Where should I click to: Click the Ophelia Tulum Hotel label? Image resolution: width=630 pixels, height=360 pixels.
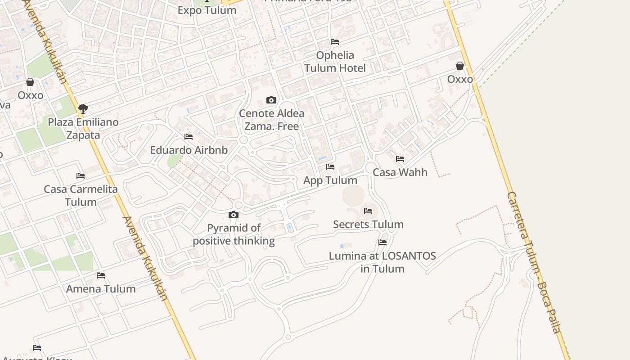point(335,62)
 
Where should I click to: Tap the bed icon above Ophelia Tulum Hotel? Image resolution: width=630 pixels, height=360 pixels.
point(335,42)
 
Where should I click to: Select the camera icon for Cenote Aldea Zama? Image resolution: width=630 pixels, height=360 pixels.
point(271,100)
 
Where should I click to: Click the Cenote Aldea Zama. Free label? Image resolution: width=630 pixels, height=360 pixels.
point(271,120)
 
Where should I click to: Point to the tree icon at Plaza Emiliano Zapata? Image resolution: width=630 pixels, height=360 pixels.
point(83,108)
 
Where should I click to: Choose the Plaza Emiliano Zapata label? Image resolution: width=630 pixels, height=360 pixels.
point(83,128)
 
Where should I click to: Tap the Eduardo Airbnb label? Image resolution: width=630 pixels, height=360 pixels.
point(189,150)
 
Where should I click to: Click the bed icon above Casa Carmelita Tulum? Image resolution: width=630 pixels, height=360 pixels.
point(81,175)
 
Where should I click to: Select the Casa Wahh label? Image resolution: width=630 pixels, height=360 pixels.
point(400,172)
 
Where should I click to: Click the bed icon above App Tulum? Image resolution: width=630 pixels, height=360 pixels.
point(330,167)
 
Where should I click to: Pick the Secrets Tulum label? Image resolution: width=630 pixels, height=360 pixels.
point(368,224)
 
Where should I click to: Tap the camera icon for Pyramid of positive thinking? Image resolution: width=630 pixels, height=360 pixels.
point(233,215)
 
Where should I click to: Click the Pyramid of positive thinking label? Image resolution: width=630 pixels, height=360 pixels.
point(234,234)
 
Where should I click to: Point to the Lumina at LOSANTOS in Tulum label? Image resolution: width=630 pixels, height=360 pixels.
point(382,262)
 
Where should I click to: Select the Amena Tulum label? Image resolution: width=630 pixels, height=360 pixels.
point(101,288)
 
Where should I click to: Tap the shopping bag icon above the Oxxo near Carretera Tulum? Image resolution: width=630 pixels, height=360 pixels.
point(460,66)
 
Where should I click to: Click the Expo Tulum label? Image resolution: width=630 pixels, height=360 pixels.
point(207,10)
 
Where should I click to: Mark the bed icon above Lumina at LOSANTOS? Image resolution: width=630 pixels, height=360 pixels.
point(382,243)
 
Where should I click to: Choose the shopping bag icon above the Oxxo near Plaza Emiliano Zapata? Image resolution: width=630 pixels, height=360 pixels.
point(30,82)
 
